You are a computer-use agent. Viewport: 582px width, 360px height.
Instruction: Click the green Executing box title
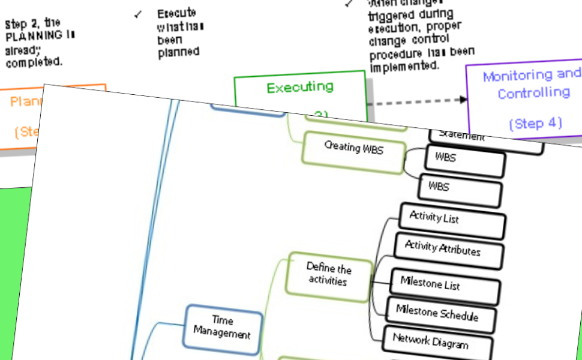[299, 88]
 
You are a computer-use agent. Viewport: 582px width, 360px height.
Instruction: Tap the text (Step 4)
[535, 124]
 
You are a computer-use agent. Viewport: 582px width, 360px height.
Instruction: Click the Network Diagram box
[430, 341]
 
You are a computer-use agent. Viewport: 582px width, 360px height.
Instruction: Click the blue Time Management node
[222, 327]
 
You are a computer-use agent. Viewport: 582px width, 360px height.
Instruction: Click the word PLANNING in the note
[34, 36]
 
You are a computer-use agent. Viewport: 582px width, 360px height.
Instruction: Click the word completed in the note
[32, 62]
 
